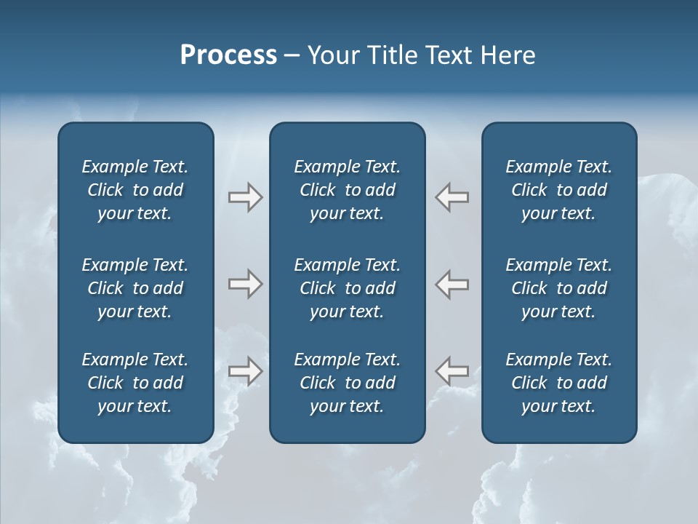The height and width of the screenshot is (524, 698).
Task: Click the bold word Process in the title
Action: click(228, 55)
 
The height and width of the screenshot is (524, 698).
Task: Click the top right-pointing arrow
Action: click(245, 197)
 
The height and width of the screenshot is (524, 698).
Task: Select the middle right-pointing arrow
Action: click(245, 284)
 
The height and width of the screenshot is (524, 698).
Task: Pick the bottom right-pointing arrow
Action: click(245, 371)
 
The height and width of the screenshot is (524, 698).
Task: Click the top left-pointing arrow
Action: click(452, 197)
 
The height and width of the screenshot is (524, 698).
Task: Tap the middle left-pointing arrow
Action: click(452, 284)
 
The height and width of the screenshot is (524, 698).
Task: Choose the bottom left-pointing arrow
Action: click(452, 371)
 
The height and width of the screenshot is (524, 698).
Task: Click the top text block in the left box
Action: click(135, 190)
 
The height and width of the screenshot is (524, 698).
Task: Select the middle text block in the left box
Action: click(135, 288)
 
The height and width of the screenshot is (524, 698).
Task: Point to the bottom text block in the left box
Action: click(135, 383)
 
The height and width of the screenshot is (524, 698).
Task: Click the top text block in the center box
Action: click(347, 190)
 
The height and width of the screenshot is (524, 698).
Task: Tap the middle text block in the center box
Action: click(347, 288)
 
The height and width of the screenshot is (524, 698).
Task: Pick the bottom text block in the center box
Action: click(347, 383)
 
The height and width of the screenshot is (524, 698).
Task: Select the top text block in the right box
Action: click(558, 190)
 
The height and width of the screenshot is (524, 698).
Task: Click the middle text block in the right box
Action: click(558, 288)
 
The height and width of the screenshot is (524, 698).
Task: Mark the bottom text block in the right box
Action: click(558, 383)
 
